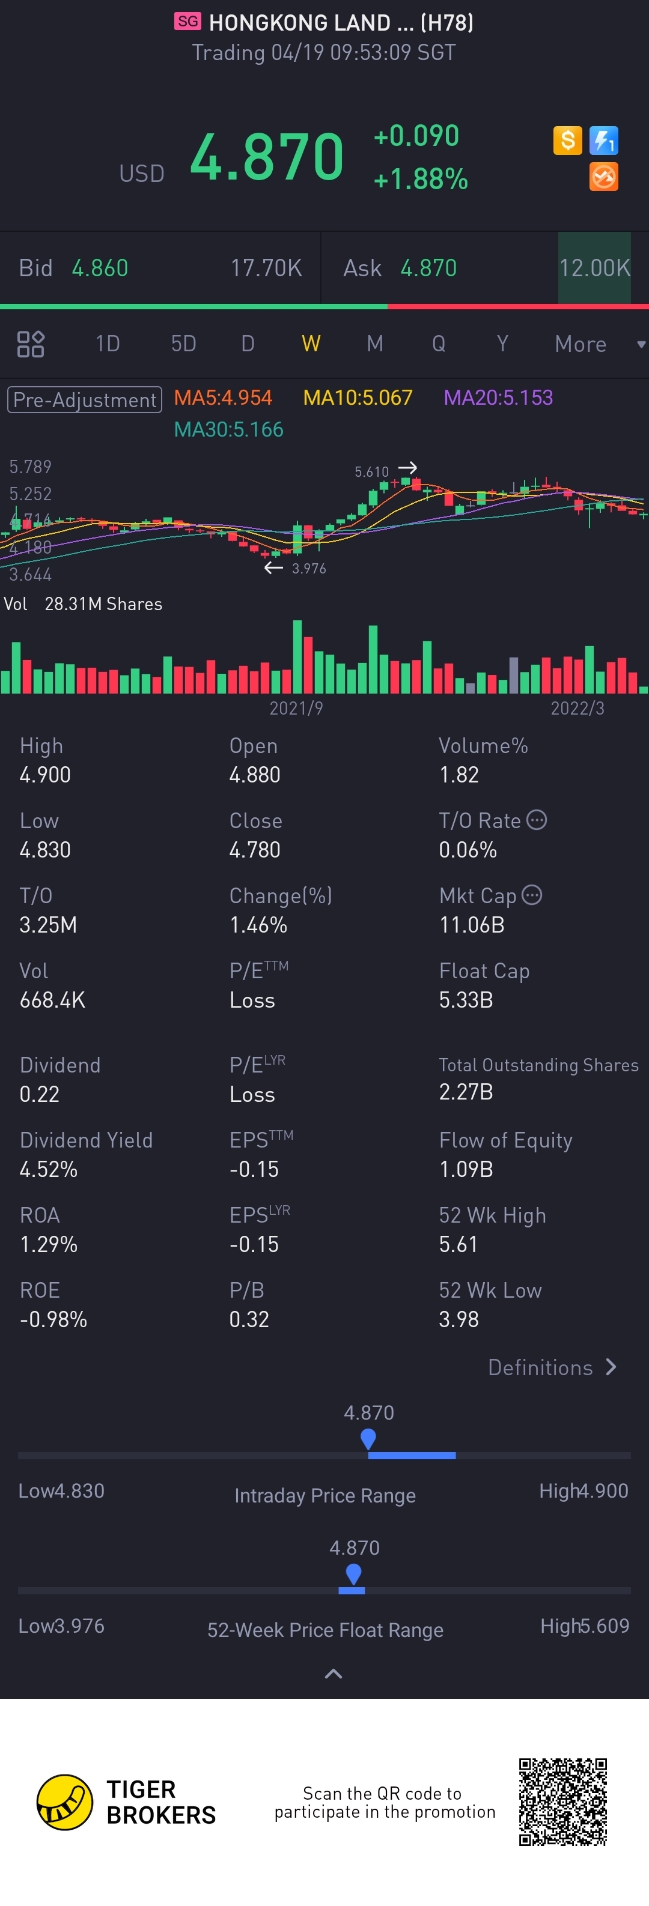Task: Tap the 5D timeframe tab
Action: click(x=183, y=343)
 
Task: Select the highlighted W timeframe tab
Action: click(x=311, y=343)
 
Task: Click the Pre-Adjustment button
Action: click(x=84, y=399)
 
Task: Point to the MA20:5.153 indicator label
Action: click(x=498, y=398)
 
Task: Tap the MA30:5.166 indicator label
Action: click(x=229, y=430)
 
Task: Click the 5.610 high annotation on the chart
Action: click(x=371, y=472)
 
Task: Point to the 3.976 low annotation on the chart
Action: click(x=309, y=568)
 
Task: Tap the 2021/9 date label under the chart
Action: click(x=296, y=709)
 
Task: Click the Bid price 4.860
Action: click(x=100, y=268)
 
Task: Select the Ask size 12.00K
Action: click(x=594, y=268)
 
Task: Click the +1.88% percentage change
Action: click(x=420, y=179)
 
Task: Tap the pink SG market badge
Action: click(x=188, y=22)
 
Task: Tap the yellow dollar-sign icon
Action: click(x=568, y=140)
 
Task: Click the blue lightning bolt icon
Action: click(x=604, y=140)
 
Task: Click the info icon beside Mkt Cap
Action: click(x=532, y=895)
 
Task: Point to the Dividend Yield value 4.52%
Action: click(x=49, y=1169)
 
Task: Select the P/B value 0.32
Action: click(x=249, y=1319)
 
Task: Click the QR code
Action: click(x=562, y=1802)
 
